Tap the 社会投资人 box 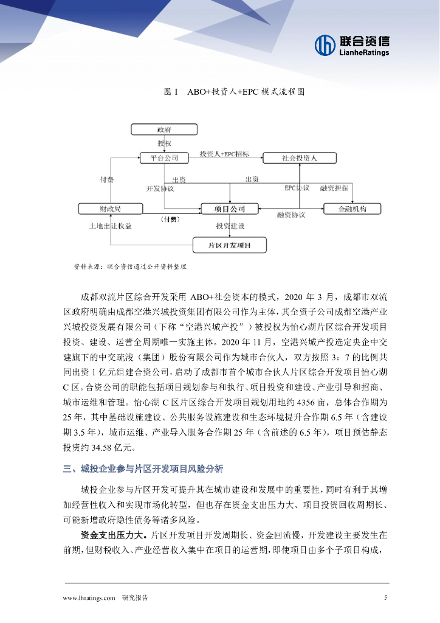tap(299, 158)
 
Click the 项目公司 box tap(230, 209)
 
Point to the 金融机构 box tap(352, 209)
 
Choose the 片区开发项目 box tap(230, 246)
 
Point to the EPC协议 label tap(297, 188)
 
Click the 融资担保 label tap(334, 188)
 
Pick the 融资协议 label tap(291, 215)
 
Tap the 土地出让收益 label tap(110, 226)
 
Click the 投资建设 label tap(230, 226)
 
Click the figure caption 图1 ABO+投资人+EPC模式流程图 tap(233, 92)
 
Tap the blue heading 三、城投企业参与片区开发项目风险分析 tap(143, 469)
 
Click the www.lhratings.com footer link tap(89, 598)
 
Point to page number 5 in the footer tap(385, 597)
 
